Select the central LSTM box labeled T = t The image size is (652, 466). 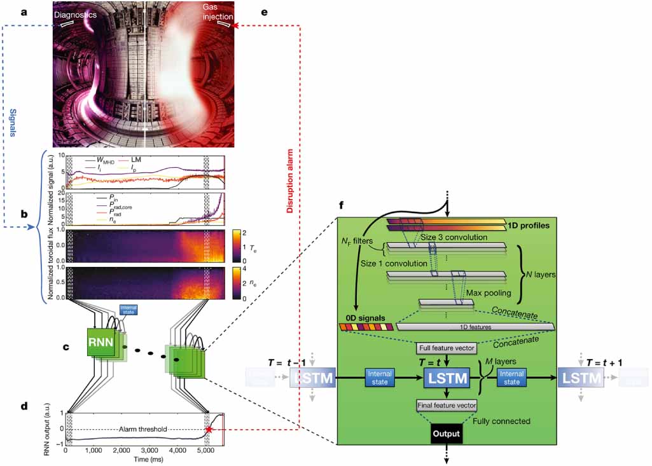tap(446, 379)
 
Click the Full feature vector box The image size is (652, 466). tap(445, 348)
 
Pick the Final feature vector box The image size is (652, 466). tap(445, 404)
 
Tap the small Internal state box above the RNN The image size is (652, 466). tap(128, 311)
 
